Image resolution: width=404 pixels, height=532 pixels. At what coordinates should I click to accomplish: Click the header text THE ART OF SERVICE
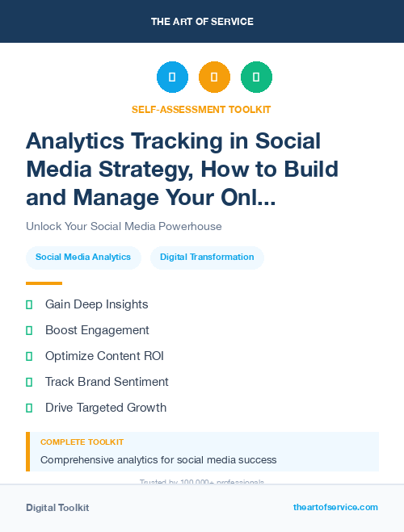click(202, 21)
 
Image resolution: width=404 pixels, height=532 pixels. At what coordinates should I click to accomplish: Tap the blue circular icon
click(172, 77)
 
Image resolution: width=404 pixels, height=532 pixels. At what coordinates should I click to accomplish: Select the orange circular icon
click(214, 77)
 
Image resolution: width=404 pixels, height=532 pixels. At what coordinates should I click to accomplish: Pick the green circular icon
click(256, 77)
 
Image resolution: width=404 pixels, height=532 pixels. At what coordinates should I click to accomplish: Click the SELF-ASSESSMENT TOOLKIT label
click(201, 109)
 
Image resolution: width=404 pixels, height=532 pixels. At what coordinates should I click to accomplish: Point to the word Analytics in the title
click(74, 140)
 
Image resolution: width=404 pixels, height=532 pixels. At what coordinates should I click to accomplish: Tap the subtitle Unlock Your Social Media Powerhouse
click(124, 226)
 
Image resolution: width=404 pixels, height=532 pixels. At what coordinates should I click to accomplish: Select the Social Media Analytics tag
click(83, 257)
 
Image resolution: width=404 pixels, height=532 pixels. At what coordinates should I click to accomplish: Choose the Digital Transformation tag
click(207, 257)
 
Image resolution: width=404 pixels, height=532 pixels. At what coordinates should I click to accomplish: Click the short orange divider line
click(44, 283)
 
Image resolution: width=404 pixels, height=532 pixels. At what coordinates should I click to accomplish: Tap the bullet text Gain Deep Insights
click(96, 304)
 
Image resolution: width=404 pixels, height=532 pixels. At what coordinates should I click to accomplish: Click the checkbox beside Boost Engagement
click(29, 330)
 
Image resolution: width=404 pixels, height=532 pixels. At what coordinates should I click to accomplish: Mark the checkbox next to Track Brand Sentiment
click(29, 382)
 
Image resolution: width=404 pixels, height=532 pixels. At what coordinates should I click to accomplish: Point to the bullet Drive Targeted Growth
click(106, 408)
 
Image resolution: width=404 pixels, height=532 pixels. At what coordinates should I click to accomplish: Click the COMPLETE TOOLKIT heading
click(82, 442)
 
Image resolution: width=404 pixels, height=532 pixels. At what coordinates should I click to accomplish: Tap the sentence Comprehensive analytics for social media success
click(158, 460)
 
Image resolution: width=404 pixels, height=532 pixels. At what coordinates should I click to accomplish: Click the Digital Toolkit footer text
click(57, 508)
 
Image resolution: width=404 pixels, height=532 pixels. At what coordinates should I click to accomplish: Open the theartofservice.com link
click(335, 507)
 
